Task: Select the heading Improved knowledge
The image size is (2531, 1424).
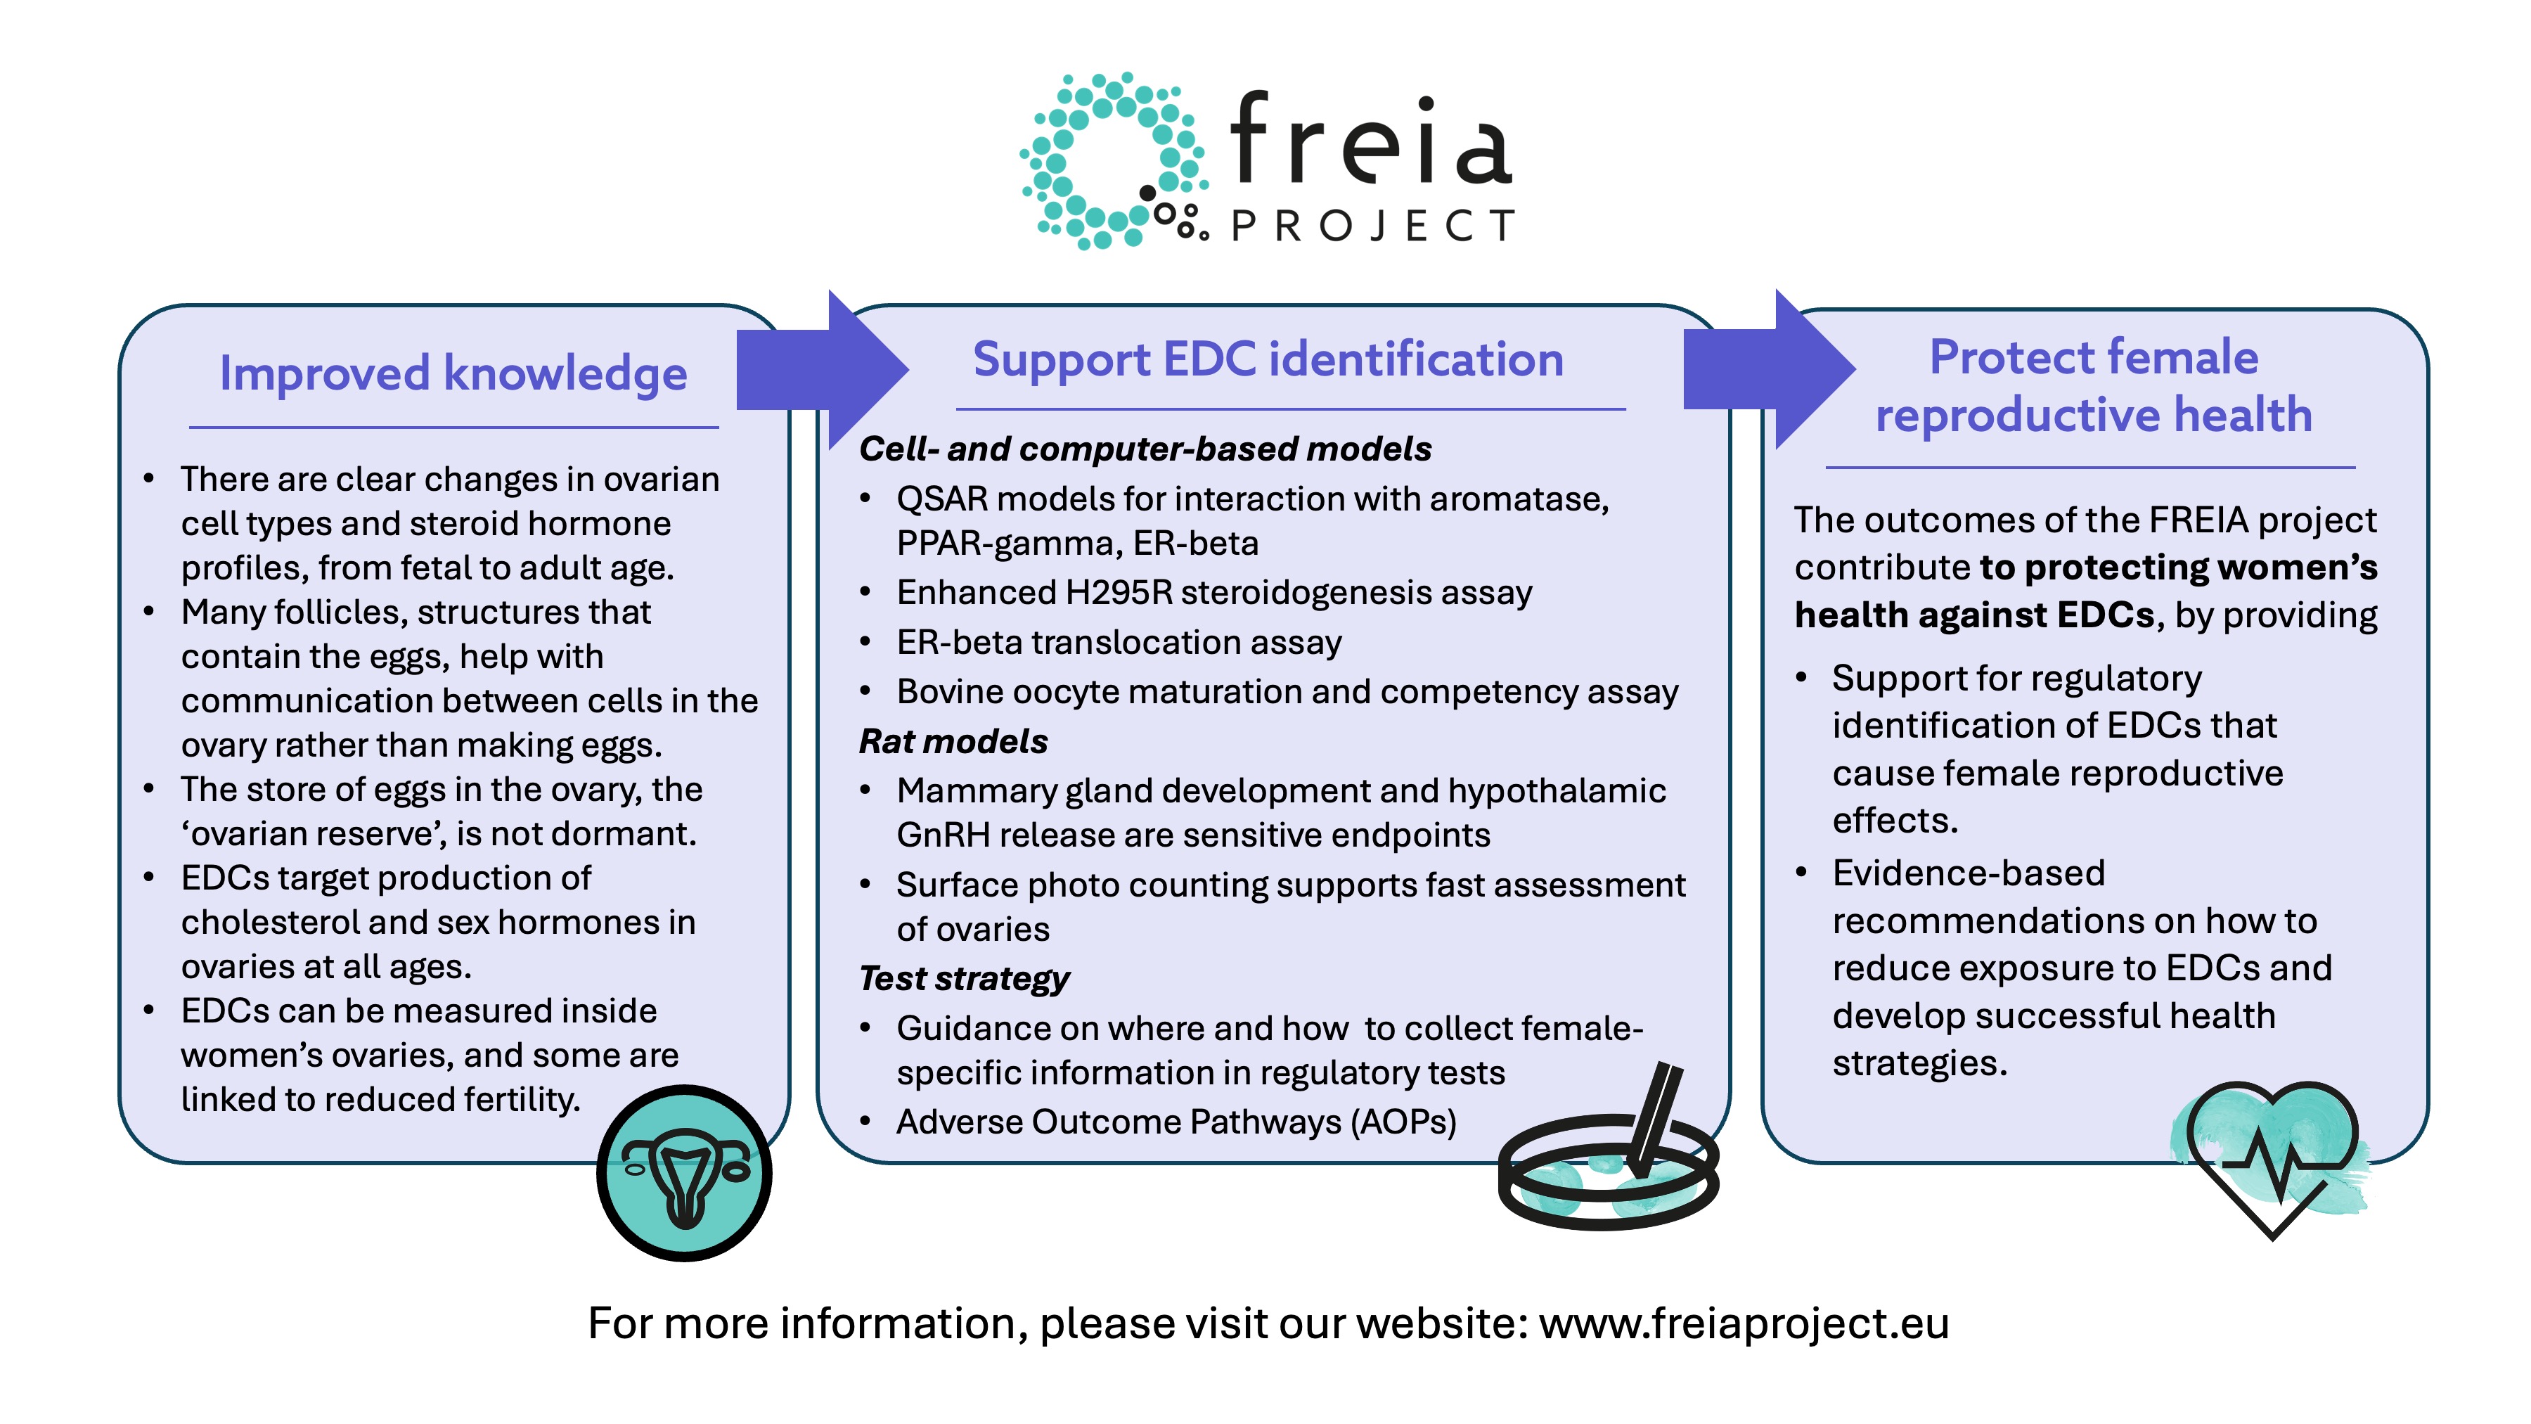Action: click(453, 373)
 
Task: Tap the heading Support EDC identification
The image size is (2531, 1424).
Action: click(1268, 359)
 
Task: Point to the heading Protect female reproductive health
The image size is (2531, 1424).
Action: click(2094, 385)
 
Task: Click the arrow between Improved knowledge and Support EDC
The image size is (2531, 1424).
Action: click(823, 369)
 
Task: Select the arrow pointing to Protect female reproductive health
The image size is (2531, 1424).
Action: click(1770, 369)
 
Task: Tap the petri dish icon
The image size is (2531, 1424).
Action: click(1609, 1150)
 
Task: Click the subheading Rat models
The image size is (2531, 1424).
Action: click(953, 741)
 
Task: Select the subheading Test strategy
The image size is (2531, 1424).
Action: click(964, 979)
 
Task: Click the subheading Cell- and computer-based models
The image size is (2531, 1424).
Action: click(1145, 449)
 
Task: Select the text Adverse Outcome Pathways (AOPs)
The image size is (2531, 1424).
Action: click(1176, 1122)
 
